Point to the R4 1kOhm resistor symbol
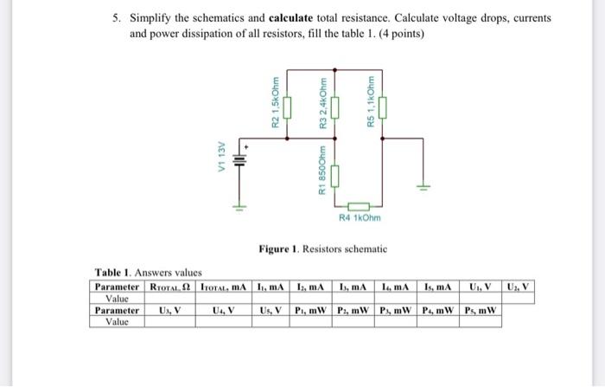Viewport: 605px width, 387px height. (x=360, y=206)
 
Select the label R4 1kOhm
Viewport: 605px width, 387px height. (x=360, y=217)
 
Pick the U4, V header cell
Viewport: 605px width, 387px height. (x=223, y=310)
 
